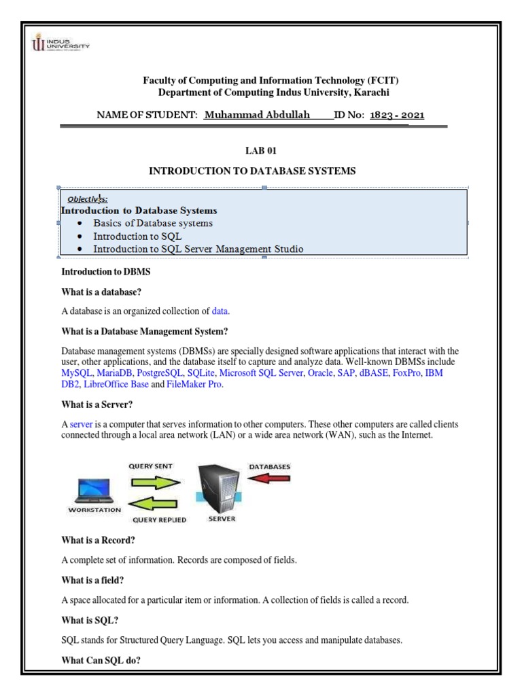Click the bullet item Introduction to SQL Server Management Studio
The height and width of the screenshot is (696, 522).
point(198,249)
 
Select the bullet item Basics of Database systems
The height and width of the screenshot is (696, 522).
point(153,223)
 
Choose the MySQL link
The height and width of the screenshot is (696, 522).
point(77,374)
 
